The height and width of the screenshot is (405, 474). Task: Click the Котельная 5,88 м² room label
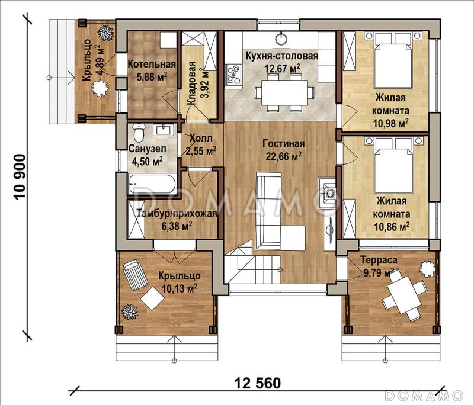[151, 70]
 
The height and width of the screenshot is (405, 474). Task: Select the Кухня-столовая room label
[282, 62]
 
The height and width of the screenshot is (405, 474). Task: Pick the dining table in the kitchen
[282, 93]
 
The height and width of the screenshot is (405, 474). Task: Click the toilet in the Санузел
[138, 134]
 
